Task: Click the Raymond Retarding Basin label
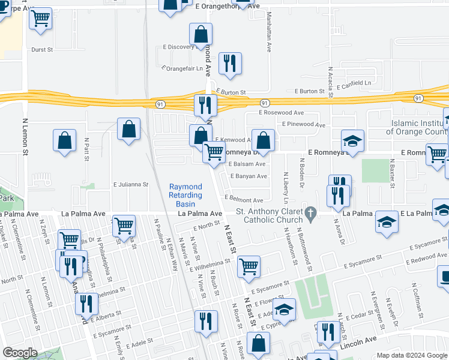[x=185, y=196]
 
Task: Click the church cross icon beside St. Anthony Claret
[x=311, y=212]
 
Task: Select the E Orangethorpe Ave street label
[x=224, y=5]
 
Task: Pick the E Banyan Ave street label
[x=247, y=176]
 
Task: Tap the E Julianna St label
[x=130, y=185]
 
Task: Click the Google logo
[x=20, y=353]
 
